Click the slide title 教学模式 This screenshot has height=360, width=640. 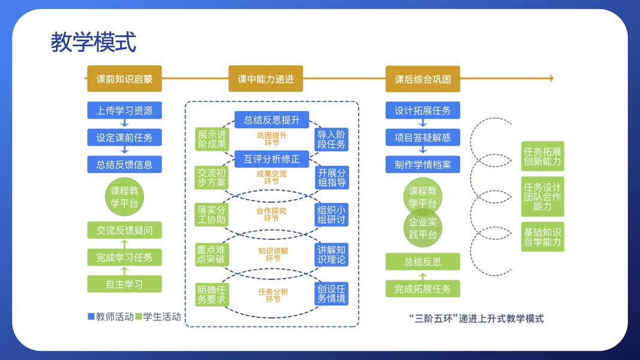pos(93,42)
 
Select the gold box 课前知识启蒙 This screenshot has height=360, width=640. pos(124,79)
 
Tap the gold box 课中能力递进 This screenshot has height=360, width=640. pos(265,79)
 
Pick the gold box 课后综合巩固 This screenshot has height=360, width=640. pos(422,79)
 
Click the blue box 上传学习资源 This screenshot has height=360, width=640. pos(124,110)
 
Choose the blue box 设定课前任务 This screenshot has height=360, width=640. pos(124,137)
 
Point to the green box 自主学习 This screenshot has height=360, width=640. pos(124,284)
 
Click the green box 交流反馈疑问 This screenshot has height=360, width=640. pos(124,230)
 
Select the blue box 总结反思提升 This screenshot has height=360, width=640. pos(272,120)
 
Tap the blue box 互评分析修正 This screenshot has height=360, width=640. pos(272,159)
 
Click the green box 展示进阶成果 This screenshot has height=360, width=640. pos(212,139)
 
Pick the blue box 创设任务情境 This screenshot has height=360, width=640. pos(332,293)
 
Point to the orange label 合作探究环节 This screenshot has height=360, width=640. pos(271,215)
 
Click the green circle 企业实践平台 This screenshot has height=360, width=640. pos(422,227)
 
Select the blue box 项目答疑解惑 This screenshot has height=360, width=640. pos(422,137)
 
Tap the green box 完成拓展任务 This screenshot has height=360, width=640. pos(422,289)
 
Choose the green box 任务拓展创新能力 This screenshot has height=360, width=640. pos(542,156)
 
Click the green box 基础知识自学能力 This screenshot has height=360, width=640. pos(542,236)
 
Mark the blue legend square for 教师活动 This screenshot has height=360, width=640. pos(91,316)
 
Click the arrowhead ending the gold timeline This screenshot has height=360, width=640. pos(551,79)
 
